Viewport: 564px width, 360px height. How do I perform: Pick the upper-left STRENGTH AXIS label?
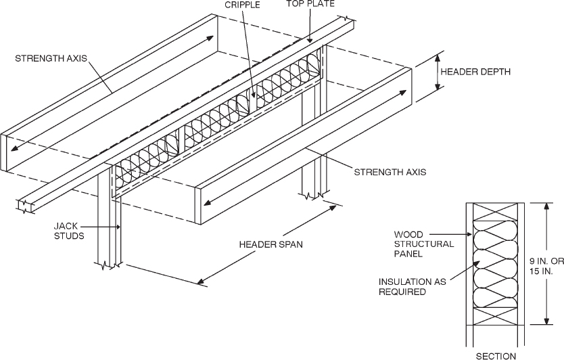(x=49, y=59)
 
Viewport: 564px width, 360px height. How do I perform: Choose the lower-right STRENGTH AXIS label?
(x=390, y=172)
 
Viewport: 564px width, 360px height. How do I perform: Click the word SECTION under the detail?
(x=497, y=355)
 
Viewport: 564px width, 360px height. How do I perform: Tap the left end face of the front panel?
(x=199, y=206)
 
